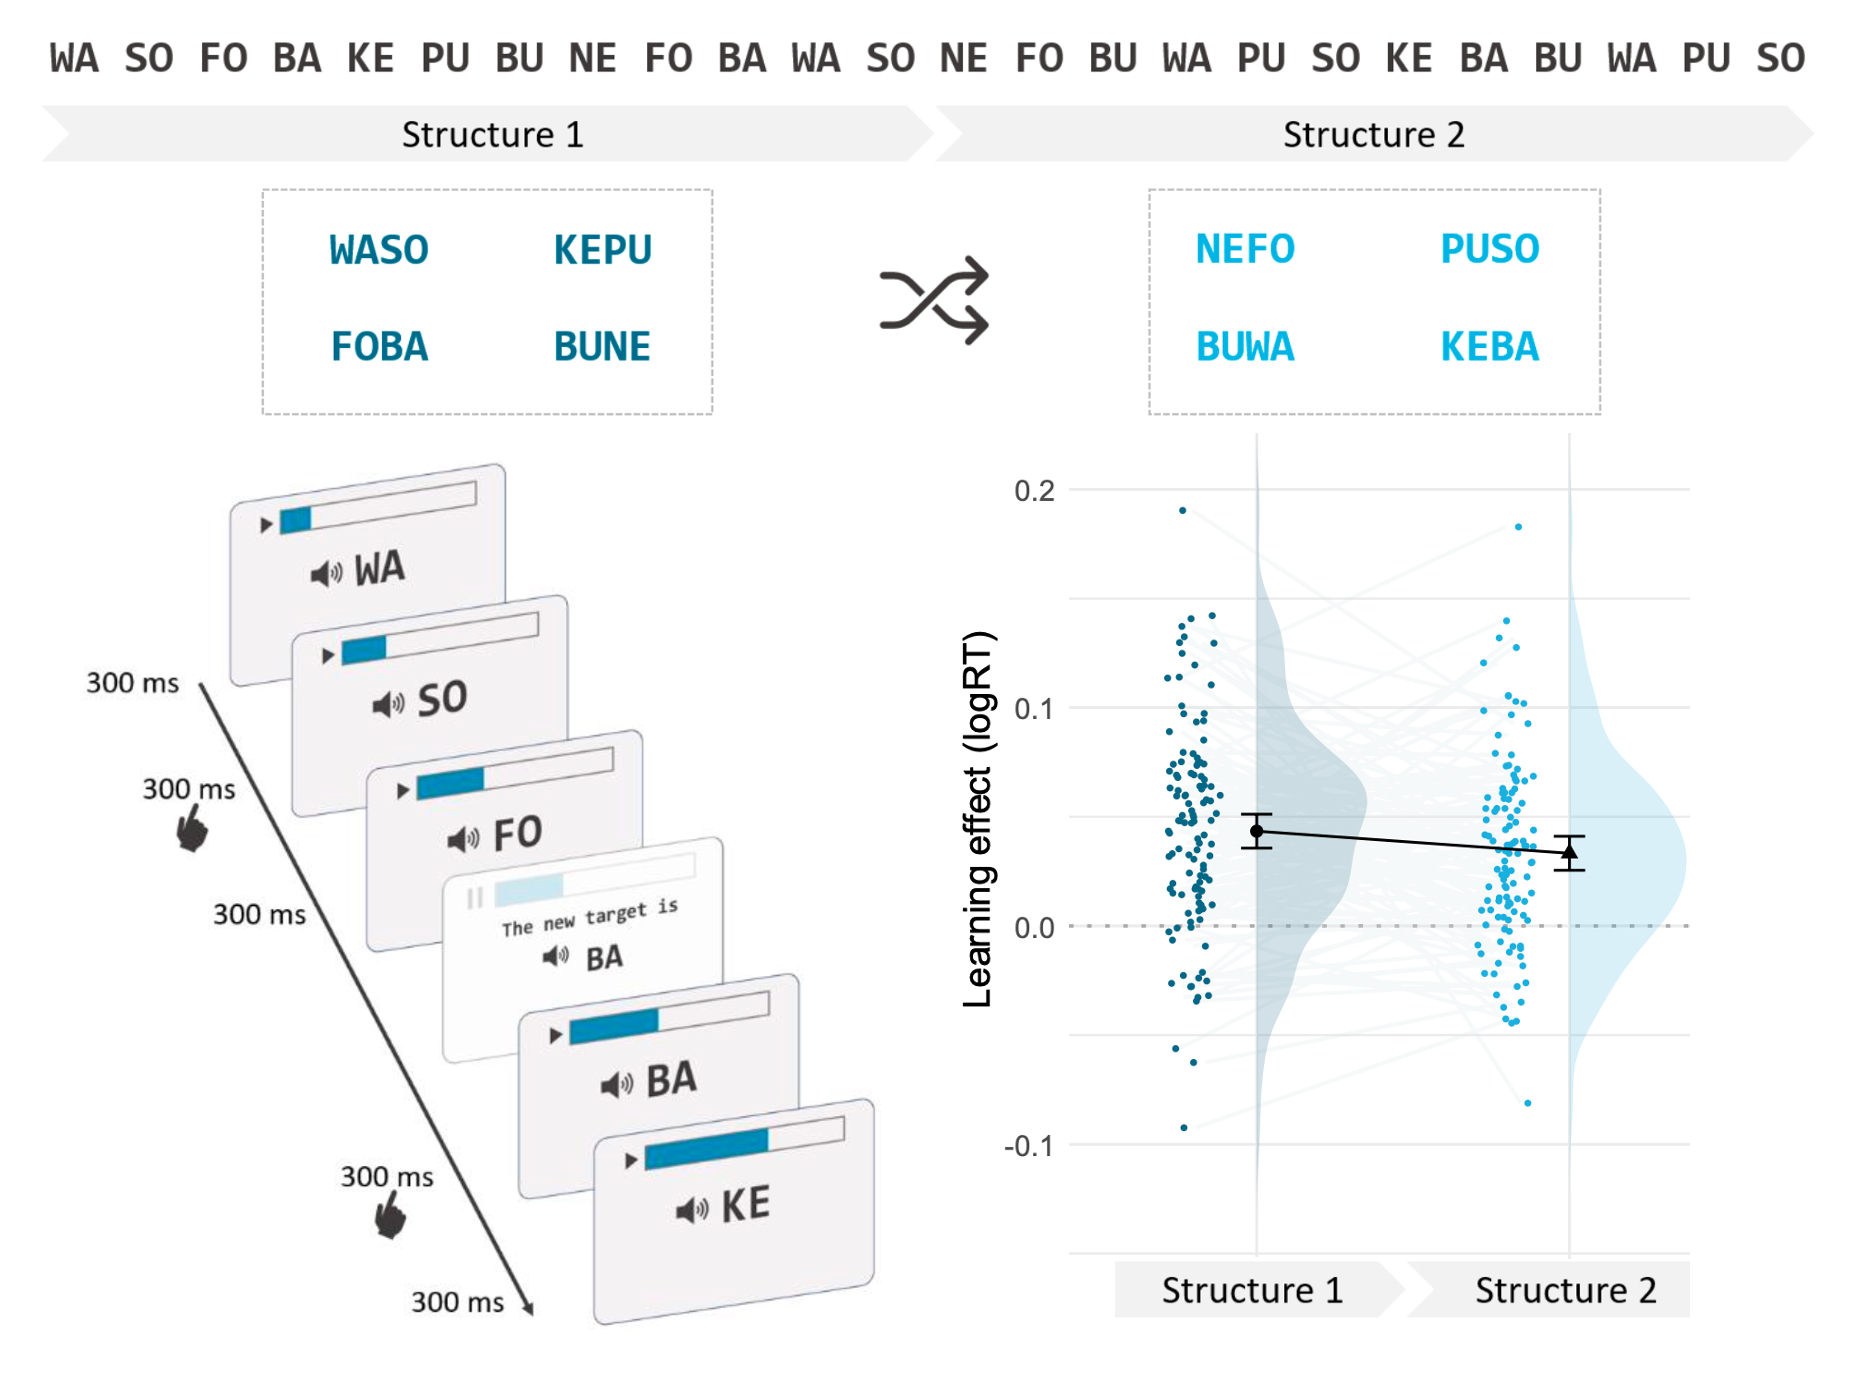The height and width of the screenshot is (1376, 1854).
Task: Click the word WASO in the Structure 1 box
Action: tap(379, 250)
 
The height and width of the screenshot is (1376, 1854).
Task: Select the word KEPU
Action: tap(602, 250)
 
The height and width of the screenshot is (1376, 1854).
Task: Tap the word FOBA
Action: tap(379, 347)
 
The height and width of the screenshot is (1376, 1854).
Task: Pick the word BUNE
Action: tap(602, 347)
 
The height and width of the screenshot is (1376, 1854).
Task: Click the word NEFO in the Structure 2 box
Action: tap(1245, 249)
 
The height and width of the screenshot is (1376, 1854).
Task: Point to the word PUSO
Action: tap(1489, 249)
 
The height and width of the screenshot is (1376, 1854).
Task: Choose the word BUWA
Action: tap(1245, 347)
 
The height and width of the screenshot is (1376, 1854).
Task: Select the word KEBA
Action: tap(1489, 347)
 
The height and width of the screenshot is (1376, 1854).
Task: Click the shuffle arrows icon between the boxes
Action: tap(934, 300)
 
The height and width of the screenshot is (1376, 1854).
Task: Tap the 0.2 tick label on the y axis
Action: tap(1034, 491)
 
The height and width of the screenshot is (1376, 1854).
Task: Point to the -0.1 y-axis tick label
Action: tap(1029, 1146)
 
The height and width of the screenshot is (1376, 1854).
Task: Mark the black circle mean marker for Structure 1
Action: tap(1257, 831)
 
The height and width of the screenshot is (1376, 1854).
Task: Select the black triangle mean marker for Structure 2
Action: tap(1569, 852)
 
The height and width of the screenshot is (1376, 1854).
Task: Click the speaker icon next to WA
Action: tap(326, 574)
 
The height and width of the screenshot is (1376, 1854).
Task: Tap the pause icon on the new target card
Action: tap(474, 898)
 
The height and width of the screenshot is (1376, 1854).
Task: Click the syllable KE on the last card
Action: tap(746, 1204)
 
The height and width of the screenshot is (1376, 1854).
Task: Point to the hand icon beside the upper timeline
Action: tap(191, 830)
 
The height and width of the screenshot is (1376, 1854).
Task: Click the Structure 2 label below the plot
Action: tap(1565, 1290)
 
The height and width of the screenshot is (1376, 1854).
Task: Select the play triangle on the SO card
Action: tap(327, 656)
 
